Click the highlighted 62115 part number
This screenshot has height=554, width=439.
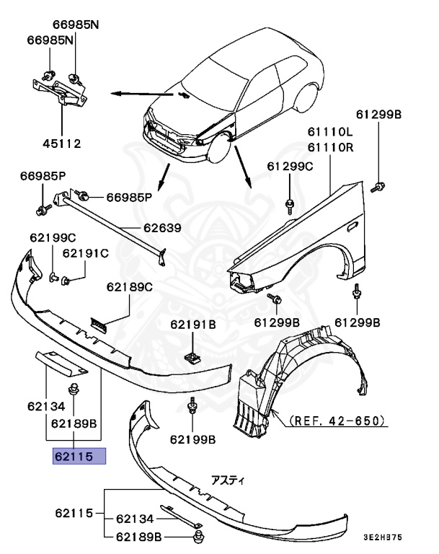tap(79, 457)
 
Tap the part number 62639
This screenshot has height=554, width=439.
tap(161, 228)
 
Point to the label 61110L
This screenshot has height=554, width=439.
tap(329, 132)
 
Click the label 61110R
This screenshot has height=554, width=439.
tap(329, 148)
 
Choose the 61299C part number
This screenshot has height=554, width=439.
tap(290, 166)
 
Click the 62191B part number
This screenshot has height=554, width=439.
tap(192, 325)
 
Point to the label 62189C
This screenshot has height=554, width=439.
tap(130, 286)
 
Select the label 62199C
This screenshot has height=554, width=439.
tap(52, 237)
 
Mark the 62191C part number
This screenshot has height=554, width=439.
tap(85, 253)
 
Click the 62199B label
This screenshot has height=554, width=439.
tap(193, 439)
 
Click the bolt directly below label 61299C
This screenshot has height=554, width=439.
tap(289, 203)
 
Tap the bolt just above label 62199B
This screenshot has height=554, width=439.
tap(192, 408)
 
